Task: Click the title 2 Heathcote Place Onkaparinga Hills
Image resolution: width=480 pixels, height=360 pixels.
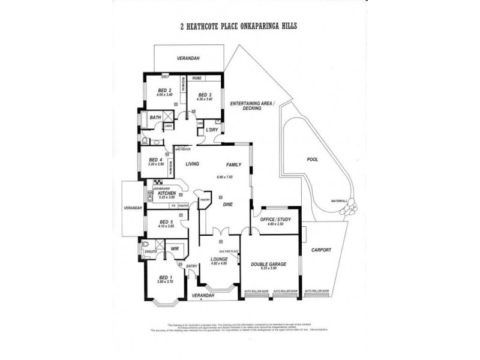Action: tap(239, 26)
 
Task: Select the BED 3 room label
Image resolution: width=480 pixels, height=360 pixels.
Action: tap(205, 95)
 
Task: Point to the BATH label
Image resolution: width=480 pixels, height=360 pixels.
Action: tap(155, 118)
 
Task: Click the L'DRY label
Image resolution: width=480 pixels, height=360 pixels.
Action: tap(211, 130)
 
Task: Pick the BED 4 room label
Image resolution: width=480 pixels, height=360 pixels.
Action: tap(156, 160)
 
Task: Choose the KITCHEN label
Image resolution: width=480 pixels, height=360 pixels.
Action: tap(166, 193)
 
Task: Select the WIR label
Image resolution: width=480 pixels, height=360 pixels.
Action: tap(175, 248)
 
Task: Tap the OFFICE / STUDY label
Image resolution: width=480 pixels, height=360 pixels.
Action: tap(275, 220)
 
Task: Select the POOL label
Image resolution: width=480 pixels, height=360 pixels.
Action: tap(311, 160)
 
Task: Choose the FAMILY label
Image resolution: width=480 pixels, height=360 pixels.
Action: tap(233, 164)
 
